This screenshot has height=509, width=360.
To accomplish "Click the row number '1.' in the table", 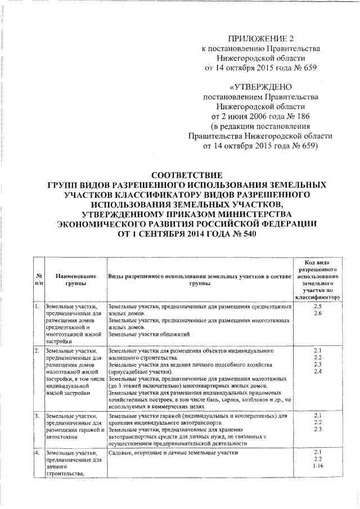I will click(36, 307).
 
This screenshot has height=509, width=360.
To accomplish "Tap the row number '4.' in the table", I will click(36, 453).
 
